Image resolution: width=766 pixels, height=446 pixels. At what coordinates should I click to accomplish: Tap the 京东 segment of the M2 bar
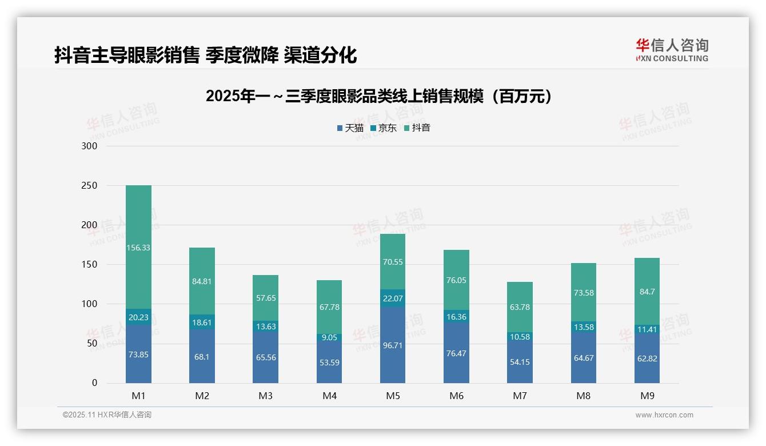tap(202, 321)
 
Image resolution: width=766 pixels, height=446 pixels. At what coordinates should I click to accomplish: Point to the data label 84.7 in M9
tap(647, 292)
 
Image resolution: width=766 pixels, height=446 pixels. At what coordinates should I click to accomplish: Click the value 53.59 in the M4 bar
tap(329, 362)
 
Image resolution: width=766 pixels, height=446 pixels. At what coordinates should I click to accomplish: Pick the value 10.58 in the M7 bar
tap(520, 337)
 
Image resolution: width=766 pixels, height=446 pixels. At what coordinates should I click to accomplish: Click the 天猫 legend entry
tap(350, 128)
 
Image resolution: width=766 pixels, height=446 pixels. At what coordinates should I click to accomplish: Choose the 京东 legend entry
tap(384, 128)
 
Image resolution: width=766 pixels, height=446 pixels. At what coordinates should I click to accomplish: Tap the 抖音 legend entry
tap(417, 128)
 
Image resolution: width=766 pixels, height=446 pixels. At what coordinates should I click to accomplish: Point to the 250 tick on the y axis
tap(90, 186)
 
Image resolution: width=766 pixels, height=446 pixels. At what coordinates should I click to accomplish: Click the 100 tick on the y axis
tap(90, 304)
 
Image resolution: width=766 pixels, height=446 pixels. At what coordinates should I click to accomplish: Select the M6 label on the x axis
tap(456, 396)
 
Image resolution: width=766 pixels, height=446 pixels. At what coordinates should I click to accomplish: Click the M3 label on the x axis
tap(265, 396)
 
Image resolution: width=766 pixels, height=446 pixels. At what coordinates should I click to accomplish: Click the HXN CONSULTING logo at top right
tap(672, 50)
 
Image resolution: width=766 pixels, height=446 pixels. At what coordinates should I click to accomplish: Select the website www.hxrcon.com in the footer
tap(664, 415)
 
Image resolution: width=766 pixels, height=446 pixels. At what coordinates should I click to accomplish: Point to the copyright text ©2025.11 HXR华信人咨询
tap(107, 415)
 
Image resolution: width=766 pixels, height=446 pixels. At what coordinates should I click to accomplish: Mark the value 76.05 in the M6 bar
tap(456, 280)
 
